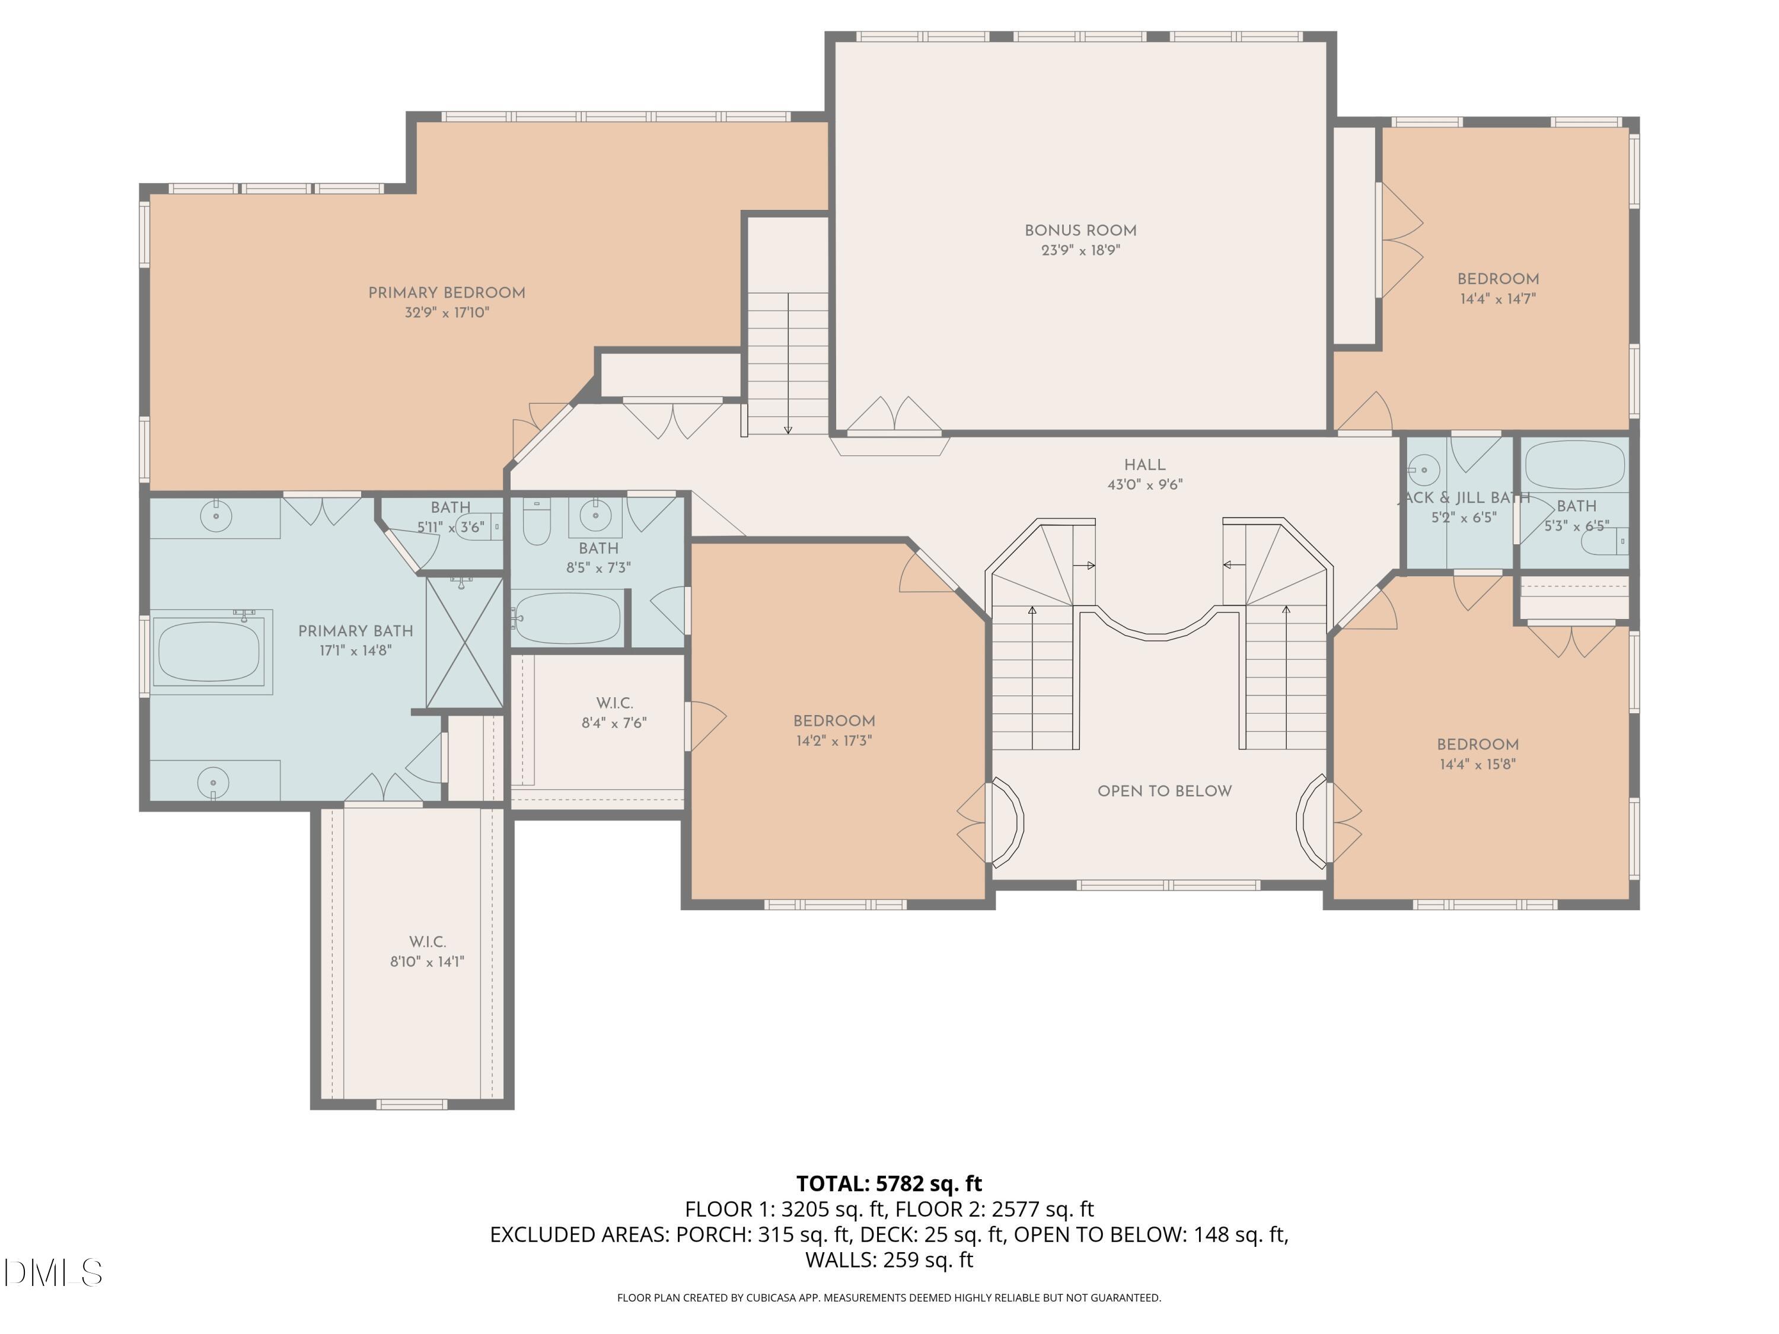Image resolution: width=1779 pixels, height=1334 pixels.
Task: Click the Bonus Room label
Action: pos(1080,231)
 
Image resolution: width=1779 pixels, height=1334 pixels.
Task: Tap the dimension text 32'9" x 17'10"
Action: pos(447,313)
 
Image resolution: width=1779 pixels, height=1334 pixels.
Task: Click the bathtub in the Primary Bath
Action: pos(209,652)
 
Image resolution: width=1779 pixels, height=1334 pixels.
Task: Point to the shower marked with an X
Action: pos(464,643)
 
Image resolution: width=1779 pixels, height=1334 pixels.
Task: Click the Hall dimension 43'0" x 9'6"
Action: pos(1144,485)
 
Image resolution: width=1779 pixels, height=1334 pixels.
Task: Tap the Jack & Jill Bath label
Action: pos(1464,498)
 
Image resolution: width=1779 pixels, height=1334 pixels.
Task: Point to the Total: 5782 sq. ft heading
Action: pos(889,1183)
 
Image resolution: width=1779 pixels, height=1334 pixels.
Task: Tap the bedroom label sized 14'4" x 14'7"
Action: pos(1497,279)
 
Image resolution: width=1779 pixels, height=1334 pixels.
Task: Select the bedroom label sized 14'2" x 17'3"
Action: pos(834,722)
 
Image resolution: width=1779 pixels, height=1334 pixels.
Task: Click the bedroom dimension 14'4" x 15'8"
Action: pos(1477,765)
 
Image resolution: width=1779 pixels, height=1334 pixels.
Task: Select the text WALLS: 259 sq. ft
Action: pos(889,1260)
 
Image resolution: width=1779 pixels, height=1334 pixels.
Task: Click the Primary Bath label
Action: pos(355,631)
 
